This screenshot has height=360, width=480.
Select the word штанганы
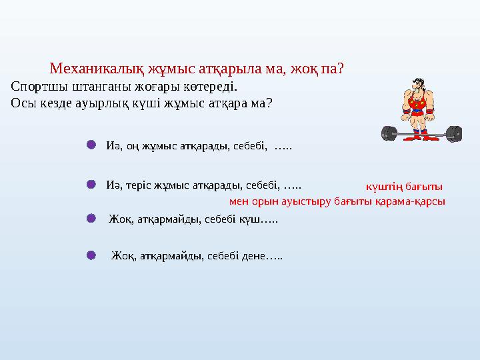[x=99, y=87]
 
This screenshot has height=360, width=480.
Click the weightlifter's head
[x=416, y=85]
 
